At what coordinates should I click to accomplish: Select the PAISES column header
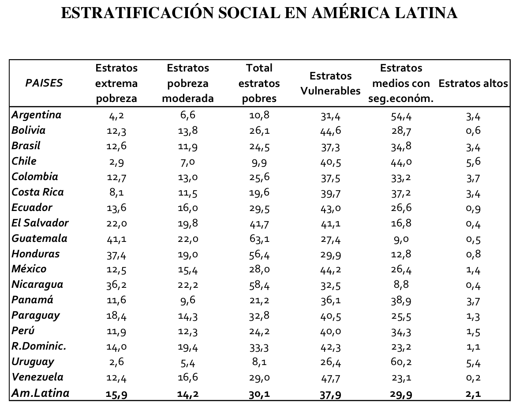(x=44, y=83)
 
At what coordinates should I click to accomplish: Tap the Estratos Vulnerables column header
(x=330, y=83)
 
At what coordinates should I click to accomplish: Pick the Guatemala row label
(x=40, y=238)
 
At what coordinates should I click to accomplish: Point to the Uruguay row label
(x=33, y=362)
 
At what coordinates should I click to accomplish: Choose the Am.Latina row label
(x=41, y=393)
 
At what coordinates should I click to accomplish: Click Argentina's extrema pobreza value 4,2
(x=116, y=116)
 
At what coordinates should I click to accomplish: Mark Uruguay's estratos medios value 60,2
(x=401, y=362)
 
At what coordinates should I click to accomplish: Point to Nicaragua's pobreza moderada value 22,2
(x=187, y=285)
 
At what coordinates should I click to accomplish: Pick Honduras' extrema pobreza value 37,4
(x=116, y=255)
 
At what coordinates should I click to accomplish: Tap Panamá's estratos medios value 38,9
(x=401, y=301)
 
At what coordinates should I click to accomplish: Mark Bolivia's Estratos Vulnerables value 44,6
(x=330, y=131)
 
